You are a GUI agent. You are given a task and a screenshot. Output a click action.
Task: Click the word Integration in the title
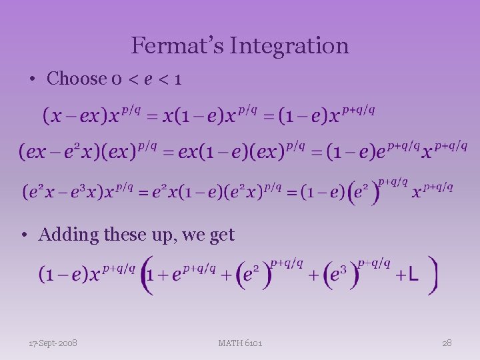click(289, 46)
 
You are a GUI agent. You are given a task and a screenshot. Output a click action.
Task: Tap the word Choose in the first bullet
click(76, 79)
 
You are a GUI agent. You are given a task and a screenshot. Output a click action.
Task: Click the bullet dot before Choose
click(32, 79)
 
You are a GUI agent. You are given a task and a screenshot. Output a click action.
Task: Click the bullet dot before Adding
click(23, 235)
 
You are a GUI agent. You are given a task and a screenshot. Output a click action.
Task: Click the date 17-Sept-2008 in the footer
click(53, 343)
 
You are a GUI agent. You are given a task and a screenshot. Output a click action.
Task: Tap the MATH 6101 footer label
click(240, 343)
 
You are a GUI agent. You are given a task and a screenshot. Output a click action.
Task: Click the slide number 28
click(447, 343)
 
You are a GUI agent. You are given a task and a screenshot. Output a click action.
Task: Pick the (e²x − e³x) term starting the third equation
click(64, 193)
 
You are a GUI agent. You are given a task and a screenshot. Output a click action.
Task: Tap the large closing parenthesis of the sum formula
click(433, 274)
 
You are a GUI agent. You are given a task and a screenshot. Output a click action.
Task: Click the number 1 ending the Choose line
click(177, 79)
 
